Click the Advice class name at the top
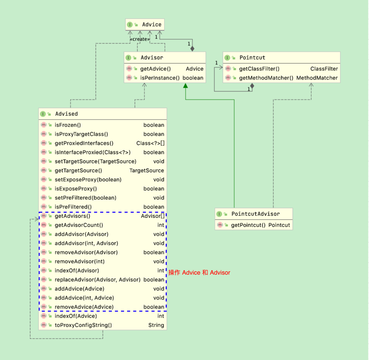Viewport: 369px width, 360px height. (151, 24)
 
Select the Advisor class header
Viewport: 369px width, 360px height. (152, 58)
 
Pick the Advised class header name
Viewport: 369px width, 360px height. (66, 114)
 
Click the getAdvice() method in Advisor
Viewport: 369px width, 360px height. (155, 69)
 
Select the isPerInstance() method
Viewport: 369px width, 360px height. (160, 78)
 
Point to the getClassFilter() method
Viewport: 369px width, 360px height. (259, 69)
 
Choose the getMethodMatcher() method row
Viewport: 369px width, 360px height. (266, 78)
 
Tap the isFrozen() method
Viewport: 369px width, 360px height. (68, 125)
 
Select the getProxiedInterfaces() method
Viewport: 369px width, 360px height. (84, 143)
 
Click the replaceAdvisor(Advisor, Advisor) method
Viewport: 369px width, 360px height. (97, 280)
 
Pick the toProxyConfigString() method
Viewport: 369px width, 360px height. (83, 325)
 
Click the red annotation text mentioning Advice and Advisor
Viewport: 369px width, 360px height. (199, 273)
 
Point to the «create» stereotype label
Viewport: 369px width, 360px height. (140, 39)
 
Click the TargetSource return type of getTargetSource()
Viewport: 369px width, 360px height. (146, 171)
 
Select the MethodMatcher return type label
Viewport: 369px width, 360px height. (317, 78)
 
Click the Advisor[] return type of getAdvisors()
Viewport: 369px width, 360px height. (152, 216)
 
